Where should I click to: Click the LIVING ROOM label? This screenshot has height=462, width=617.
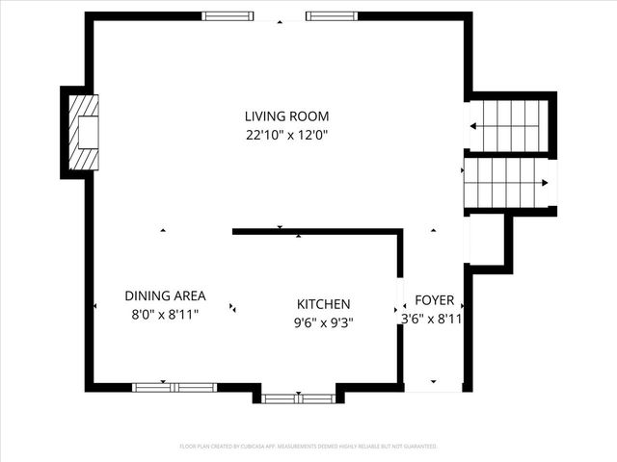pyautogui.click(x=286, y=116)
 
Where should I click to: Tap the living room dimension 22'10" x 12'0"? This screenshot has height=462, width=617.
pyautogui.click(x=286, y=136)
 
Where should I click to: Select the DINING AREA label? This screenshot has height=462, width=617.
pyautogui.click(x=165, y=296)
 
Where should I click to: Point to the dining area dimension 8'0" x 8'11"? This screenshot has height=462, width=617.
pyautogui.click(x=165, y=315)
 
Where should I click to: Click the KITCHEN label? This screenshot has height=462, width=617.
pyautogui.click(x=323, y=304)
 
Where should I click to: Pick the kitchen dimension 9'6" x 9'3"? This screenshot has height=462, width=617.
pyautogui.click(x=323, y=323)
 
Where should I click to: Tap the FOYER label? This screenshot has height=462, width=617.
pyautogui.click(x=434, y=300)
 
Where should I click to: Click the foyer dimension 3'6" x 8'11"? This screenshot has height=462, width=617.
pyautogui.click(x=433, y=319)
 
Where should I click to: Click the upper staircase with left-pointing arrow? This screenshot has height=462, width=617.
pyautogui.click(x=510, y=125)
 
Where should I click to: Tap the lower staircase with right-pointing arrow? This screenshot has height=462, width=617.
pyautogui.click(x=507, y=184)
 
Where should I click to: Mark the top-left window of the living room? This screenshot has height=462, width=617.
pyautogui.click(x=228, y=16)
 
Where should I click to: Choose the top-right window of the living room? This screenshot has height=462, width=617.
pyautogui.click(x=333, y=16)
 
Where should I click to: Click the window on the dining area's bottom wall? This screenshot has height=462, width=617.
pyautogui.click(x=174, y=387)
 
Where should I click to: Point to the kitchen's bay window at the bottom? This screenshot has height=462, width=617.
pyautogui.click(x=298, y=398)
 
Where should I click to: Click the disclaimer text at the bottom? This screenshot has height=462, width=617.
pyautogui.click(x=308, y=447)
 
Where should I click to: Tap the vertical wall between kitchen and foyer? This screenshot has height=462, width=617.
pyautogui.click(x=399, y=308)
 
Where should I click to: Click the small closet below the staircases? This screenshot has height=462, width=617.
pyautogui.click(x=487, y=240)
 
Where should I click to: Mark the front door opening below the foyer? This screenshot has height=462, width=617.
pyautogui.click(x=433, y=389)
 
